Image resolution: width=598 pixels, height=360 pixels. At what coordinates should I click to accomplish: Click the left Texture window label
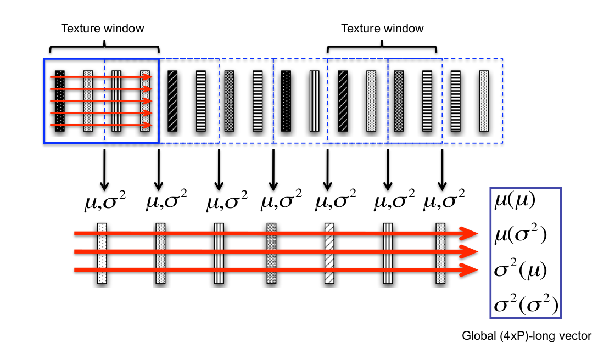(102, 28)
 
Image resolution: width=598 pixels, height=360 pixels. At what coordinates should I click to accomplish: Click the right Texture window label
(382, 28)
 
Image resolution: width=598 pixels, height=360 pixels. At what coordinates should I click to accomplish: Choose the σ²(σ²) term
(524, 305)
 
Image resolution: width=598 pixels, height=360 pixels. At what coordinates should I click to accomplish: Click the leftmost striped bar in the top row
(60, 101)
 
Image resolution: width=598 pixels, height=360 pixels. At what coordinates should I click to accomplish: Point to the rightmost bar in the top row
(483, 101)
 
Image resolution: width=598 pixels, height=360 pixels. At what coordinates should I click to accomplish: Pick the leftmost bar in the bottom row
(102, 253)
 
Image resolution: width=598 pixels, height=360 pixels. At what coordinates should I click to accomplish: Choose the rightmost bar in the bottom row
(440, 253)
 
